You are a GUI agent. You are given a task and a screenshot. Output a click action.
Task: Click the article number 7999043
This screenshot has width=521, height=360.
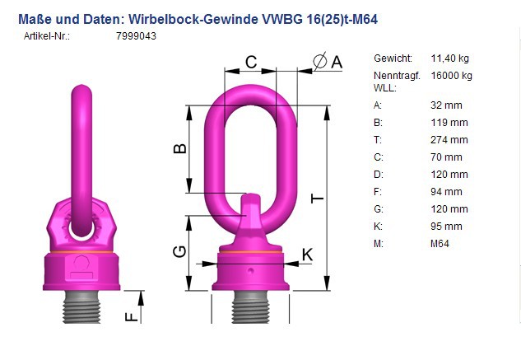[x=136, y=36]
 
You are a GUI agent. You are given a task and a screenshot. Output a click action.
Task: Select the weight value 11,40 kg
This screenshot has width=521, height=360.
[x=449, y=58]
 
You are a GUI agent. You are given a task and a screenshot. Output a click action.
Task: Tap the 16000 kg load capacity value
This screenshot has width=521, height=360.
[x=451, y=76]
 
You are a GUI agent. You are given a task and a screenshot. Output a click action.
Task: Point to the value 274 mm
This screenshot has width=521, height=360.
[x=449, y=140]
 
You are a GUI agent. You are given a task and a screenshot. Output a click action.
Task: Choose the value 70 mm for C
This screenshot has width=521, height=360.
[x=446, y=157]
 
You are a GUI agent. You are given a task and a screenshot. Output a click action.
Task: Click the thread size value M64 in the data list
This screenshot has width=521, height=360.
[x=440, y=244]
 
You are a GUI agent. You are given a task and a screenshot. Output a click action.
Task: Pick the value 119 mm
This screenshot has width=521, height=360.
[x=449, y=123]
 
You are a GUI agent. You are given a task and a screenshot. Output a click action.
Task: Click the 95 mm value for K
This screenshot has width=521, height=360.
[x=446, y=227]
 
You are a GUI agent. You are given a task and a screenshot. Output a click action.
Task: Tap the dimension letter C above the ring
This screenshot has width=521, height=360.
[x=251, y=62]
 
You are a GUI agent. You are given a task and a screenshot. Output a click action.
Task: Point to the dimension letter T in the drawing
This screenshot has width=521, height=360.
[x=318, y=199]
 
